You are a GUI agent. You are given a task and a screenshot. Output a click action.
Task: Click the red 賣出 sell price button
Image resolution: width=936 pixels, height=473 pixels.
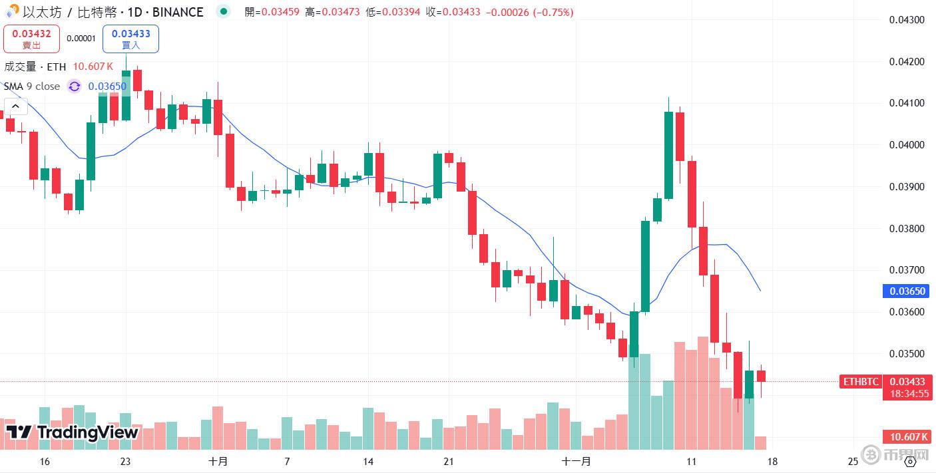click(31, 39)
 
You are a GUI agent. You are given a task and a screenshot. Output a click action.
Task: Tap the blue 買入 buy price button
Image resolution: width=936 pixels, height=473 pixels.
click(130, 39)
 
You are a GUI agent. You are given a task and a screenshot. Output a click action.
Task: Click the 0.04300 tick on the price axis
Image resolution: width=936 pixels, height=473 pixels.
click(906, 20)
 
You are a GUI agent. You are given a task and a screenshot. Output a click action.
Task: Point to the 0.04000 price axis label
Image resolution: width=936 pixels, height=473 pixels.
click(906, 145)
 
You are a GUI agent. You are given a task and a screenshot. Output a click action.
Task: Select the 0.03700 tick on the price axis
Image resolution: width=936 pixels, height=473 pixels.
click(906, 270)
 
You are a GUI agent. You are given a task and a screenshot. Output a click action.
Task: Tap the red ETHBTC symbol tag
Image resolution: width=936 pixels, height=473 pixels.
click(861, 382)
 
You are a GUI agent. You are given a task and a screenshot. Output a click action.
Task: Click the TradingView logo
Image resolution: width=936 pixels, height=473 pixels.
click(72, 432)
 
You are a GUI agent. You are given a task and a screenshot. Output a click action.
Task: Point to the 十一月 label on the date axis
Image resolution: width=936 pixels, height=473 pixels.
click(576, 461)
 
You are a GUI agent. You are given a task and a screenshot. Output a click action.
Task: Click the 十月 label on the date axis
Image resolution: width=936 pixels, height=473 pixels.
click(218, 461)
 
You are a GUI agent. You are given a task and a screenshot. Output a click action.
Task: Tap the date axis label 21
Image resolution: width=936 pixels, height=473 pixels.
click(449, 461)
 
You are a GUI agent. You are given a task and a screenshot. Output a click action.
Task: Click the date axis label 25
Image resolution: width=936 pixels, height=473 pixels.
click(853, 461)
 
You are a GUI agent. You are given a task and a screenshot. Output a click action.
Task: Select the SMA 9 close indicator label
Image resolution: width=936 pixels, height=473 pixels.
click(32, 86)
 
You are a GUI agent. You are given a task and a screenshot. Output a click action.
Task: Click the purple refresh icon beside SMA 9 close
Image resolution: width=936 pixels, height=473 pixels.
click(75, 86)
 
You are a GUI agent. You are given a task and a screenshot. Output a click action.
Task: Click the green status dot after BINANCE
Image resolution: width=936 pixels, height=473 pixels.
click(223, 12)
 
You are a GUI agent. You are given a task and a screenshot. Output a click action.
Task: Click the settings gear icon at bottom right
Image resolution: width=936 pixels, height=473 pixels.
click(911, 461)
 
